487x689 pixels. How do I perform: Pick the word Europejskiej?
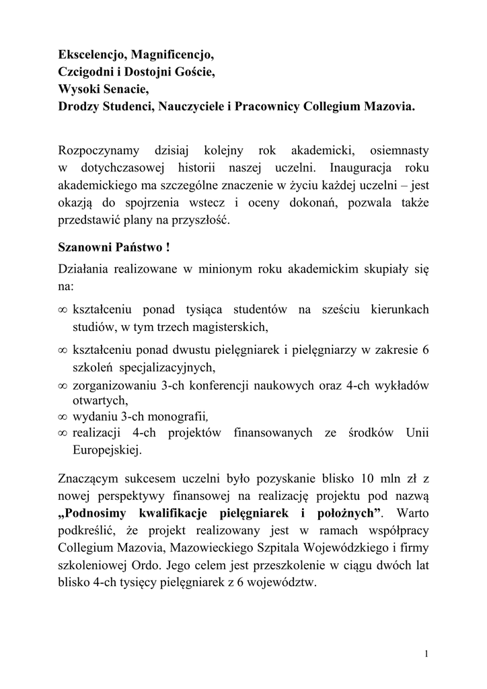point(107,449)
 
